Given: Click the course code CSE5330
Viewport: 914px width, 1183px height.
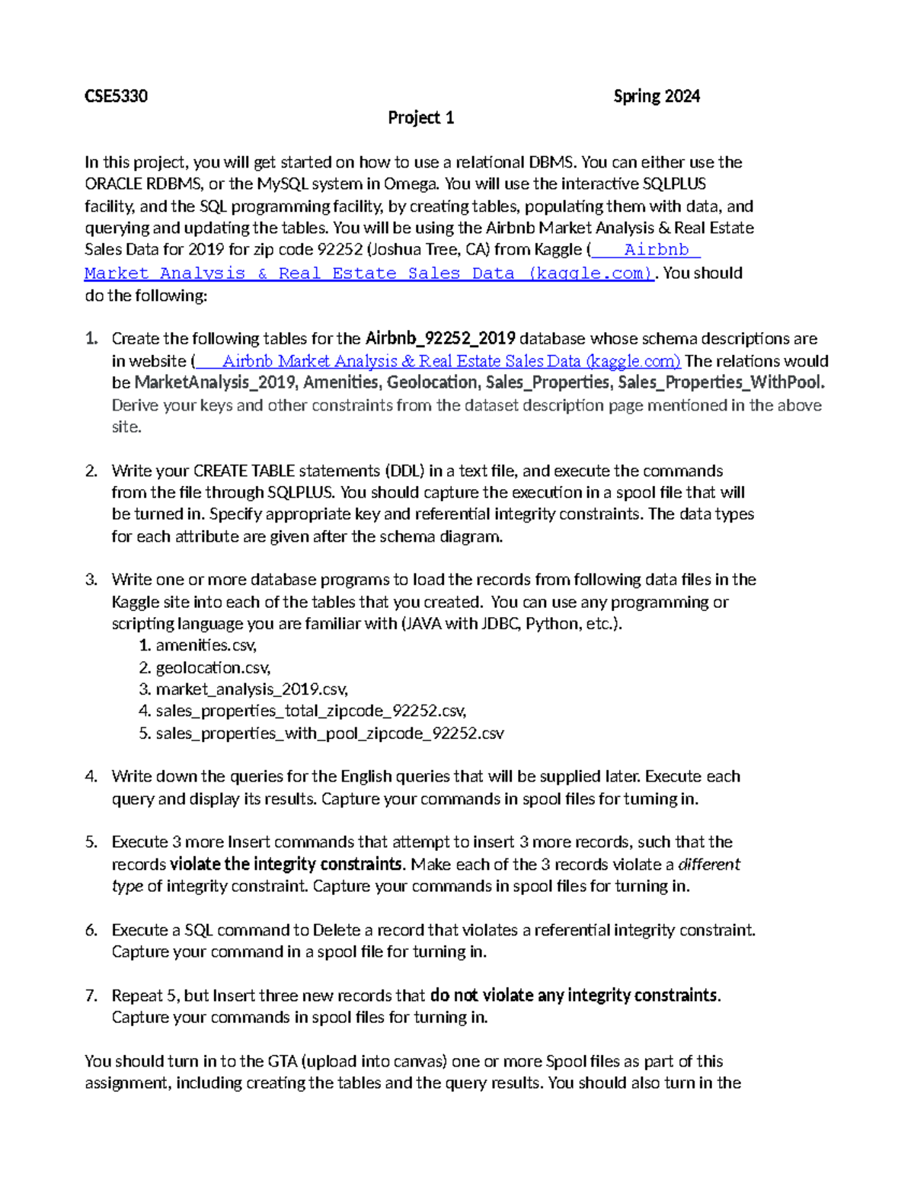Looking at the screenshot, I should [x=116, y=96].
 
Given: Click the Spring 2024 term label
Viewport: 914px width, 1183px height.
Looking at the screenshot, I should [x=657, y=96].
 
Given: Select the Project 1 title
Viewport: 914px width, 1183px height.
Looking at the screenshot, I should [x=420, y=117].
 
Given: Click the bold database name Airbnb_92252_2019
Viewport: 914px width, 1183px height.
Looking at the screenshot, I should [x=440, y=338].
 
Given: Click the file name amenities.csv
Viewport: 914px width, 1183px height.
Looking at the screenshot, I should [x=206, y=645].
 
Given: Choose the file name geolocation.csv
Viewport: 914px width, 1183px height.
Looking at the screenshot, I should [x=213, y=668].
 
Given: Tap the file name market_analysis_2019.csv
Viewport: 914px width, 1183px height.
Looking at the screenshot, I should [x=251, y=689].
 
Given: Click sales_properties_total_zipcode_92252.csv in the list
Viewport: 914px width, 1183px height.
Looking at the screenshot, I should [x=311, y=711].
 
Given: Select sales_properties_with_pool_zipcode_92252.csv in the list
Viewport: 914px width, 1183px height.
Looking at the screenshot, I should [x=329, y=734].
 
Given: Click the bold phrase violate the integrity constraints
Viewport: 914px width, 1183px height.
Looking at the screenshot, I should [x=286, y=865].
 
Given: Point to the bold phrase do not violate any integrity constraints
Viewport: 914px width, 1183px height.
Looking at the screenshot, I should [x=574, y=996].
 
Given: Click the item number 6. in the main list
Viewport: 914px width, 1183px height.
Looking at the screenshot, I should [x=91, y=930].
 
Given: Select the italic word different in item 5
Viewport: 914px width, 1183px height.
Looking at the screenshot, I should [x=708, y=865].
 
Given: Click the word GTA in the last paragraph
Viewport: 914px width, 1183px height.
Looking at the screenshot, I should [x=283, y=1061].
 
